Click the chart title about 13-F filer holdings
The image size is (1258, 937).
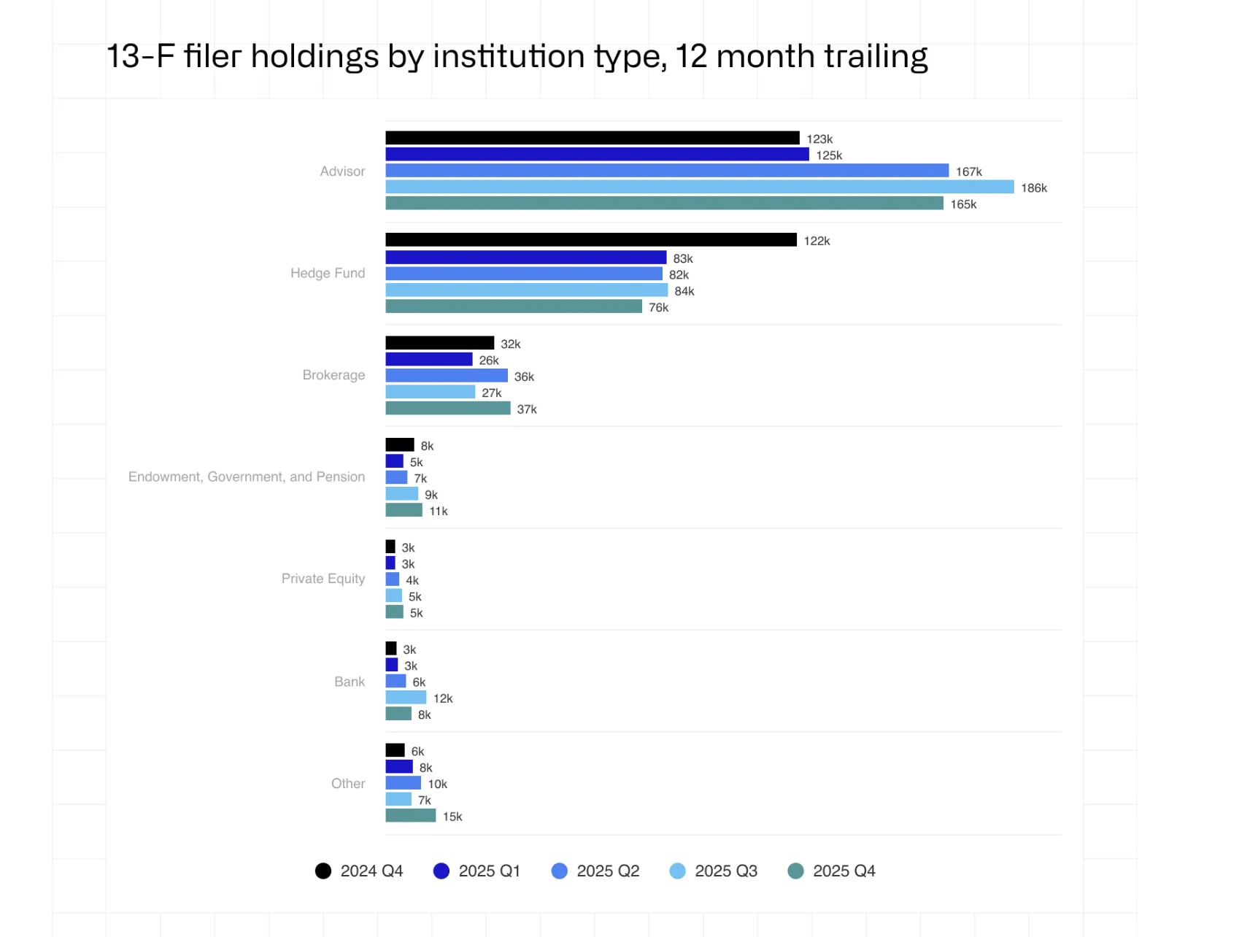[517, 56]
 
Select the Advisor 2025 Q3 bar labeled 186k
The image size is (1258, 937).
[699, 187]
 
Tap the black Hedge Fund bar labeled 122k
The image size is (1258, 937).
[590, 240]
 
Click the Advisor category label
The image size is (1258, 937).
[342, 171]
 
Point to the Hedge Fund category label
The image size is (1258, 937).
[328, 273]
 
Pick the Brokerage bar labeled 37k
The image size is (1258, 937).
[447, 409]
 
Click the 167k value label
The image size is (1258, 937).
[968, 171]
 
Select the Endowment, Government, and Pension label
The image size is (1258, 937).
[247, 477]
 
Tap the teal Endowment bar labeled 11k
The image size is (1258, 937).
[404, 510]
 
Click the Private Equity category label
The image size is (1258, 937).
[323, 579]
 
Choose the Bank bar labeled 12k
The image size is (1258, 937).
[406, 698]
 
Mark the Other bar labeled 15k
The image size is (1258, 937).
[410, 816]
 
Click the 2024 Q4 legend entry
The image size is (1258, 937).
[359, 871]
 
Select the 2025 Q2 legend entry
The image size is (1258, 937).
[595, 871]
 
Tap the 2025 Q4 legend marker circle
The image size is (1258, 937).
[795, 871]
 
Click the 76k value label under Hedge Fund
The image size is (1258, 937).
[658, 307]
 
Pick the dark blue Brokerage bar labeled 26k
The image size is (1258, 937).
[428, 360]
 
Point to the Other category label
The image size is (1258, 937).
[348, 783]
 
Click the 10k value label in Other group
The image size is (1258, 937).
[437, 784]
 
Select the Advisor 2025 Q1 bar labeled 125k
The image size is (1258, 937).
[596, 155]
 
